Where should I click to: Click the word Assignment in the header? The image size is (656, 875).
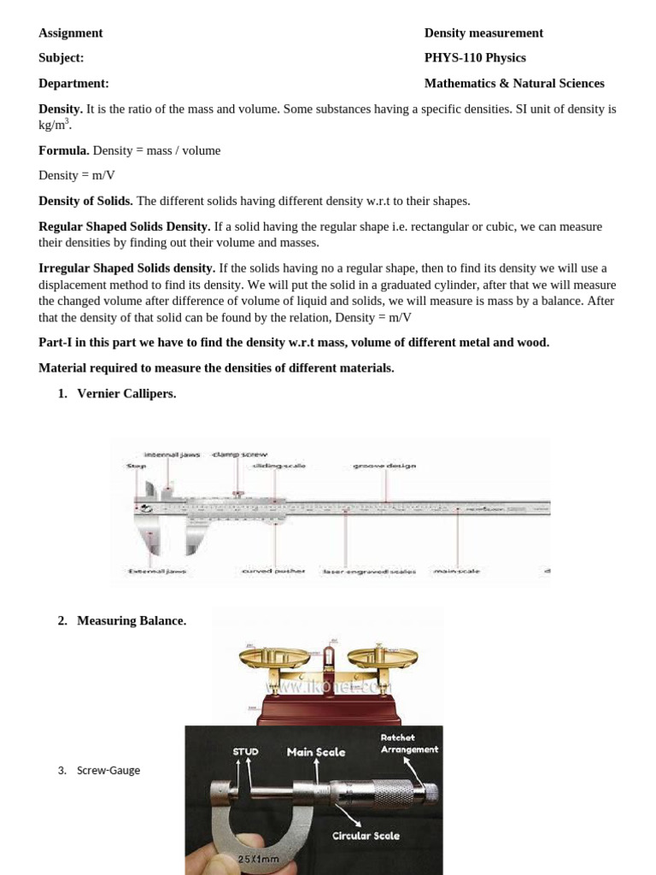click(x=70, y=32)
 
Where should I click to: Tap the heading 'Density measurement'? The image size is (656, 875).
click(x=483, y=32)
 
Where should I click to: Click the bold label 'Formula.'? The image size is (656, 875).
click(x=63, y=150)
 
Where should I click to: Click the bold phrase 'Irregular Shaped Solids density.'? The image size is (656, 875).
click(x=126, y=268)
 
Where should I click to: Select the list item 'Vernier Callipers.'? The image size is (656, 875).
click(x=126, y=394)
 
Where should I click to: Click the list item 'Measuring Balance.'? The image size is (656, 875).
click(x=132, y=621)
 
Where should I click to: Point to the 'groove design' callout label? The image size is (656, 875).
click(x=384, y=466)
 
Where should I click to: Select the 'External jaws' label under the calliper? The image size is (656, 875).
click(x=156, y=571)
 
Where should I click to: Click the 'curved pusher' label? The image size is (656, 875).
click(x=273, y=571)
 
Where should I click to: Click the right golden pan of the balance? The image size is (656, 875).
click(x=386, y=656)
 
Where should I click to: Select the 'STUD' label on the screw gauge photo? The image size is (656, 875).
click(x=246, y=752)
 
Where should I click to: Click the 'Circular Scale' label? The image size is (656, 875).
click(x=366, y=836)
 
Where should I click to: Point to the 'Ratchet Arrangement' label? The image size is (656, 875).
click(x=409, y=743)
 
